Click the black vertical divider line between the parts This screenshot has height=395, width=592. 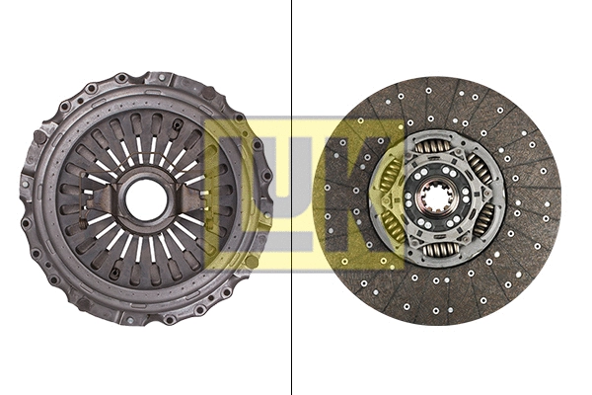292,316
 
